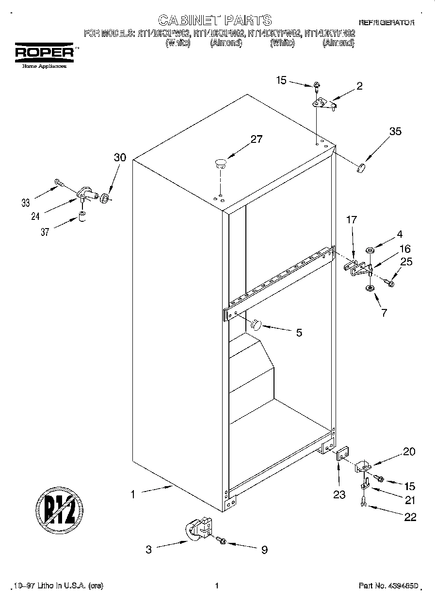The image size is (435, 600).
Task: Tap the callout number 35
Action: click(x=395, y=131)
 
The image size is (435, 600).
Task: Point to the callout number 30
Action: click(x=120, y=157)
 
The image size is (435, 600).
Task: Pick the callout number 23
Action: click(x=339, y=495)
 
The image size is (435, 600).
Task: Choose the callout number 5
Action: click(x=299, y=332)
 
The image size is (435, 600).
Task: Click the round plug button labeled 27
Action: click(x=220, y=162)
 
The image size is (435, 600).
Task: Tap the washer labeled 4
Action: click(x=370, y=250)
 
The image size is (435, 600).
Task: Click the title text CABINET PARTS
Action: click(x=215, y=20)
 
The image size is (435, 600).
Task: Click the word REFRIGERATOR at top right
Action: click(x=386, y=23)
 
